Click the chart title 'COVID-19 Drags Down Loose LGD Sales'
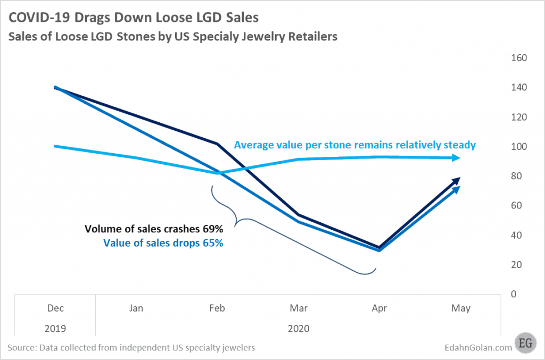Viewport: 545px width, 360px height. pos(133,18)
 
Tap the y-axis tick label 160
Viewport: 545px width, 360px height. pos(519,58)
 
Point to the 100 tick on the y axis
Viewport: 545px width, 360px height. pos(519,147)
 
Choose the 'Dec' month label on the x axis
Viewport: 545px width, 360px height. pos(55,308)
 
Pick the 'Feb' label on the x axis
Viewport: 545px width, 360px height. pos(217,308)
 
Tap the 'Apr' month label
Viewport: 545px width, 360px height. pos(379,308)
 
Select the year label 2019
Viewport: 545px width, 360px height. pos(55,328)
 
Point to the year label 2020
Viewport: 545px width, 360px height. pos(298,328)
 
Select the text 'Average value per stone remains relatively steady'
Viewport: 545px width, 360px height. pos(354,145)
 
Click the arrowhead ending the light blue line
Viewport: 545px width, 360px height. pos(456,157)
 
